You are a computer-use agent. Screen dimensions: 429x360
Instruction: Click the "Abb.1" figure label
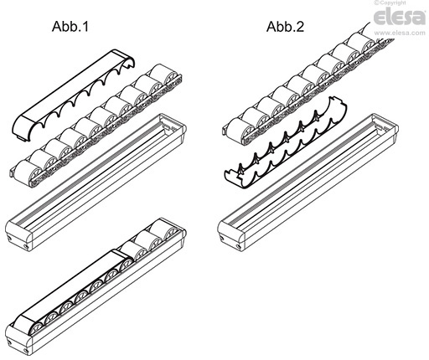click(x=70, y=27)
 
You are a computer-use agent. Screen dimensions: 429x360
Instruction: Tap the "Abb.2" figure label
click(x=285, y=27)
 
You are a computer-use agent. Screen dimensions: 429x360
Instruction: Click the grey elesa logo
click(x=400, y=17)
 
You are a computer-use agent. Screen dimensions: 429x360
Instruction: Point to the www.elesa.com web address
click(x=400, y=33)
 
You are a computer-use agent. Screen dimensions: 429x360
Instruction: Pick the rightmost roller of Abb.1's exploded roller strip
click(x=165, y=75)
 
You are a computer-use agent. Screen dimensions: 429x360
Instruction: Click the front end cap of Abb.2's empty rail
click(x=231, y=234)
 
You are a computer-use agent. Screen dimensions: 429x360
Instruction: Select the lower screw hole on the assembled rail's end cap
click(x=26, y=351)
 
